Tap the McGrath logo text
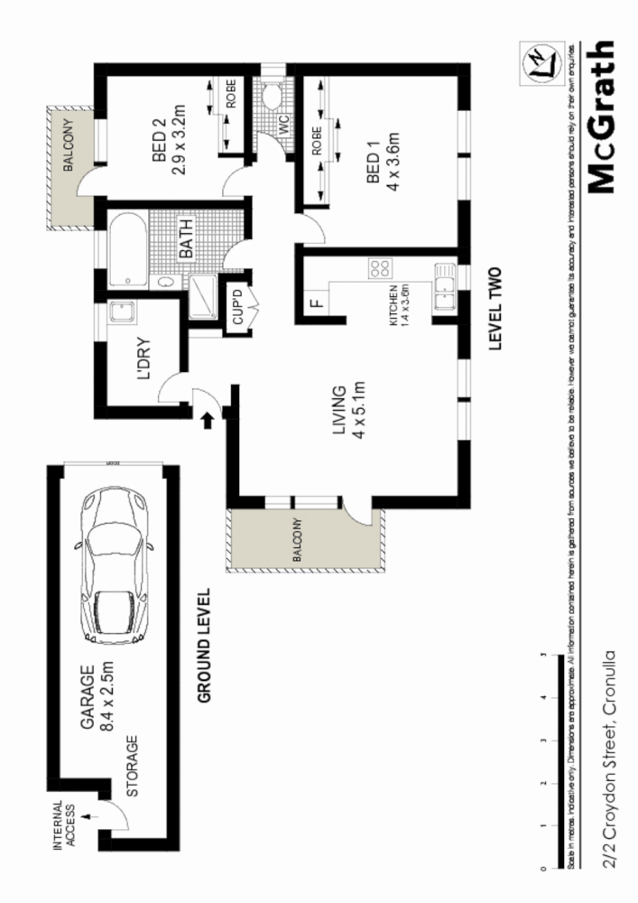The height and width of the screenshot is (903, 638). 603,117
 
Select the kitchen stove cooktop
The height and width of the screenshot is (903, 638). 380,269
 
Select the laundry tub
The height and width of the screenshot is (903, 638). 121,313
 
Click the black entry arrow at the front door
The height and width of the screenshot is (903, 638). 207,418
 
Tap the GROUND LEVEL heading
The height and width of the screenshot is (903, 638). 204,645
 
